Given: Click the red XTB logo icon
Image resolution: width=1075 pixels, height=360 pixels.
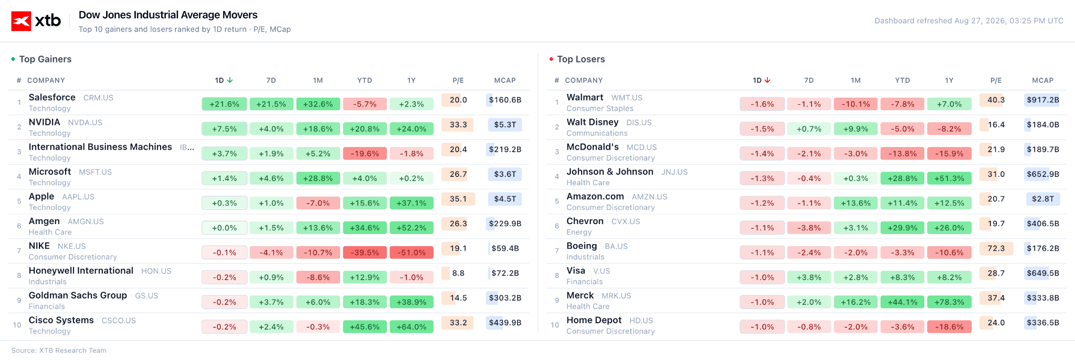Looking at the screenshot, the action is pos(21,22).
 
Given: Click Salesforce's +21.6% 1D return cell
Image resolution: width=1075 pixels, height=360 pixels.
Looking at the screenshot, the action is pos(224,104).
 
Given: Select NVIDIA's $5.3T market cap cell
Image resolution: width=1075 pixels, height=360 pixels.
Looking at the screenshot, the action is pos(505,125).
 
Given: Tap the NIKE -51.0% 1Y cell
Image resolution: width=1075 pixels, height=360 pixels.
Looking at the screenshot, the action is pos(412,252).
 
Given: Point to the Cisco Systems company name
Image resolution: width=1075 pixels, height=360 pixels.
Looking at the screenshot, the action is pos(61,320).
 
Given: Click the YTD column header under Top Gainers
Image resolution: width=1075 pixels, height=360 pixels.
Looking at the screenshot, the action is pos(365,80).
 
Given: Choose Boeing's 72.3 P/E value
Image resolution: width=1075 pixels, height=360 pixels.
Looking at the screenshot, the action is pos(996,248).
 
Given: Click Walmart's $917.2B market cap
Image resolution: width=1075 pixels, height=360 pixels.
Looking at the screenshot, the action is pos(1042,100).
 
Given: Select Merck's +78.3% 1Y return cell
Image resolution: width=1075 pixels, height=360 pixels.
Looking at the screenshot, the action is pos(949,302).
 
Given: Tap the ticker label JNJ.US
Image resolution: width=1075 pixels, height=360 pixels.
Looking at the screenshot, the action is pos(674,172).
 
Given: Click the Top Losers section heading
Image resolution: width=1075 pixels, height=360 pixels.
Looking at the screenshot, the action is pos(581,59).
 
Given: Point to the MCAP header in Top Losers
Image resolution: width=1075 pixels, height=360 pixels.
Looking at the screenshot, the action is pos(1042,80).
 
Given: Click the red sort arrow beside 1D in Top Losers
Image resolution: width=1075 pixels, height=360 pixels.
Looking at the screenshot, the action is pos(767,80).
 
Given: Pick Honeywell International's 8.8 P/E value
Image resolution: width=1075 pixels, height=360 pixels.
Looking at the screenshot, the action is pos(458,273).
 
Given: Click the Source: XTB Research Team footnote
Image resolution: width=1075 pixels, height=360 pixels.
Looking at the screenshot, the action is pos(59,351).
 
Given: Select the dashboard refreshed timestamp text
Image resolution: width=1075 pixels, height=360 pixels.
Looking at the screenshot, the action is pos(969,21).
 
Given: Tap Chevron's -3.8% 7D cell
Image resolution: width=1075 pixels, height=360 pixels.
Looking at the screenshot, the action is pos(809,228).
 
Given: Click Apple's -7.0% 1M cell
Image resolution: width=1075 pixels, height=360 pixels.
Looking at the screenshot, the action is pos(318,203).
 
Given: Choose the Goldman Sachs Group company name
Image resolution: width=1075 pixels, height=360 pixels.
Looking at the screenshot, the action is pos(78,295).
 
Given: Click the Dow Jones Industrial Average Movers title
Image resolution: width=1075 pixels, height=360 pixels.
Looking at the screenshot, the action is pos(168,15).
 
